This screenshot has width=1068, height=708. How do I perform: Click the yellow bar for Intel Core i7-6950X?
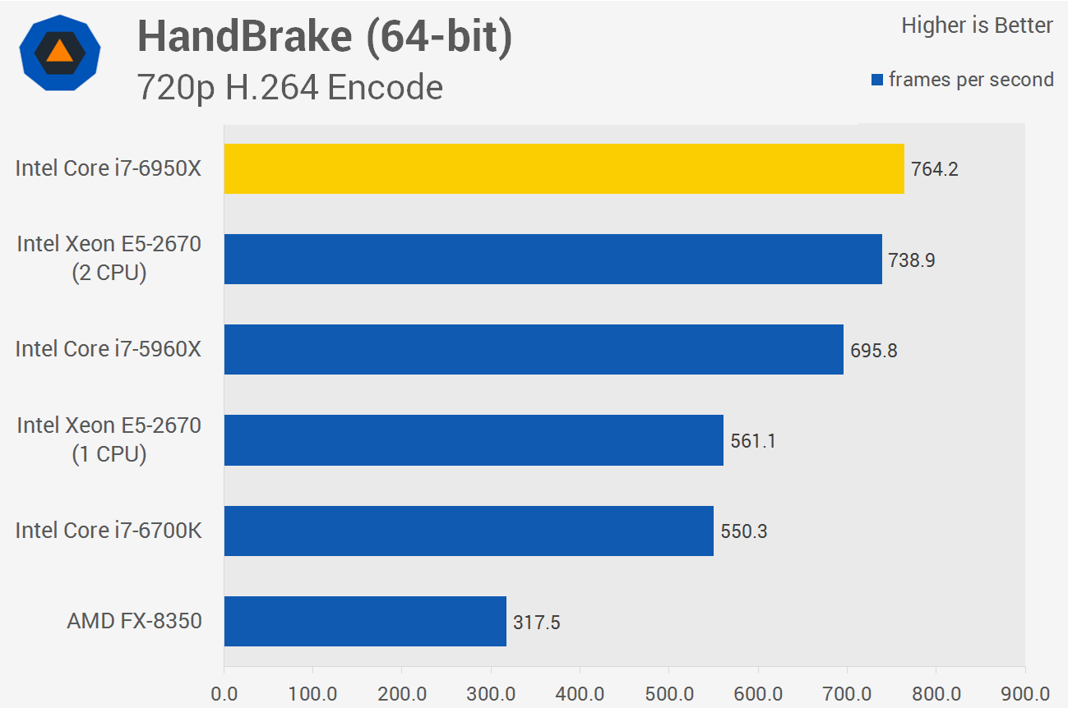pyautogui.click(x=563, y=169)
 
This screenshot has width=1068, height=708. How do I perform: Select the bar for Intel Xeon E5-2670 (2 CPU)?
pyautogui.click(x=552, y=260)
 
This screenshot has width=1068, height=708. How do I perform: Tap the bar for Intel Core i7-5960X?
pyautogui.click(x=534, y=350)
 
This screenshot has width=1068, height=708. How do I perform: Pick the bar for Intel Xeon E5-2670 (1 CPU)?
pyautogui.click(x=474, y=440)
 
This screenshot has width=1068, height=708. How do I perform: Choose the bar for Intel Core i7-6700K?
pyautogui.click(x=469, y=531)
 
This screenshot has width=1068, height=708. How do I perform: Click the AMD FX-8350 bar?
pyautogui.click(x=365, y=621)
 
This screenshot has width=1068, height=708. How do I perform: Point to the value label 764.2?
pyautogui.click(x=934, y=170)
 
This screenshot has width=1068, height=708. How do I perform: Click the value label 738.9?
pyautogui.click(x=912, y=260)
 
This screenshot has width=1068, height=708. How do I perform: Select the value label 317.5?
pyautogui.click(x=536, y=622)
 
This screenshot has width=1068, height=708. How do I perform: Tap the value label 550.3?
pyautogui.click(x=743, y=531)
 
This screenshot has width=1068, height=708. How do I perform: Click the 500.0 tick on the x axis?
pyautogui.click(x=668, y=692)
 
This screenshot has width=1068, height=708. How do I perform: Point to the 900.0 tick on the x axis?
pyautogui.click(x=1024, y=692)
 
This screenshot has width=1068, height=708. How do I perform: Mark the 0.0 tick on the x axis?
pyautogui.click(x=224, y=692)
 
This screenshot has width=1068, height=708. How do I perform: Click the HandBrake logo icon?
pyautogui.click(x=60, y=52)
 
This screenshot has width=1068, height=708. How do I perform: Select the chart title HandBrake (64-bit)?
pyautogui.click(x=324, y=37)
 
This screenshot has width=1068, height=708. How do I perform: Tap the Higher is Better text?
pyautogui.click(x=977, y=25)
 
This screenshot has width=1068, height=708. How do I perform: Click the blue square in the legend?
pyautogui.click(x=877, y=80)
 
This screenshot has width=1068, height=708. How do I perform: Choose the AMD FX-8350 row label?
pyautogui.click(x=134, y=621)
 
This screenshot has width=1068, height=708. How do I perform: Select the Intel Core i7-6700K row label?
pyautogui.click(x=108, y=531)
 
